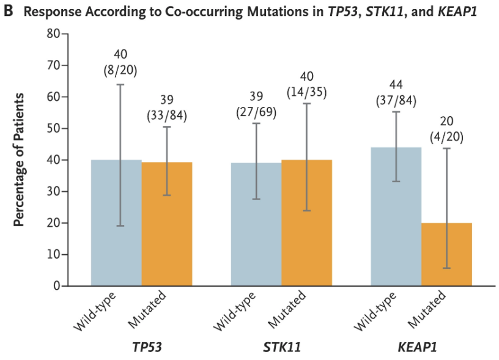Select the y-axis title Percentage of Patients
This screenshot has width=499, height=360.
click(x=19, y=160)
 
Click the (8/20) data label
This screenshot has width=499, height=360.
click(x=120, y=70)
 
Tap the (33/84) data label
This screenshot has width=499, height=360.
click(x=166, y=114)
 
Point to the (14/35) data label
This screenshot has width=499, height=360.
click(x=306, y=92)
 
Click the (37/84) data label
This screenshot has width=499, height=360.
click(x=396, y=100)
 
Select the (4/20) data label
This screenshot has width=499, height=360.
click(x=446, y=136)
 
